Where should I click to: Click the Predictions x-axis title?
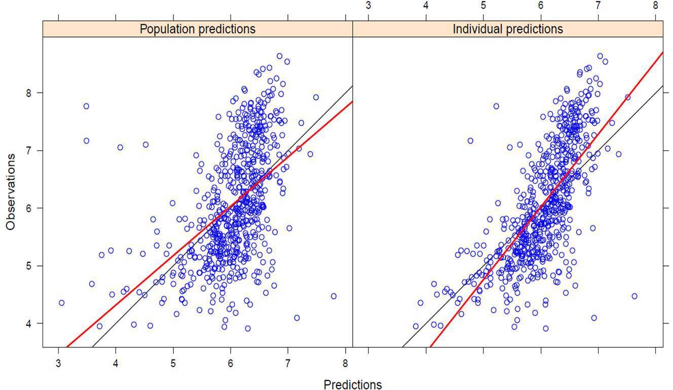353,384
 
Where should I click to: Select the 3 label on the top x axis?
368,6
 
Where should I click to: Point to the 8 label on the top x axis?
655,6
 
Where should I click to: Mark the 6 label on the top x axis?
541,6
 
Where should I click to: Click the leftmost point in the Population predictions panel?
61,303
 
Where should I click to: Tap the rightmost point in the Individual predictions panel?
634,296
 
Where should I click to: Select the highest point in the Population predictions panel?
280,56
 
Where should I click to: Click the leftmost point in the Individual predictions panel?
416,326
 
